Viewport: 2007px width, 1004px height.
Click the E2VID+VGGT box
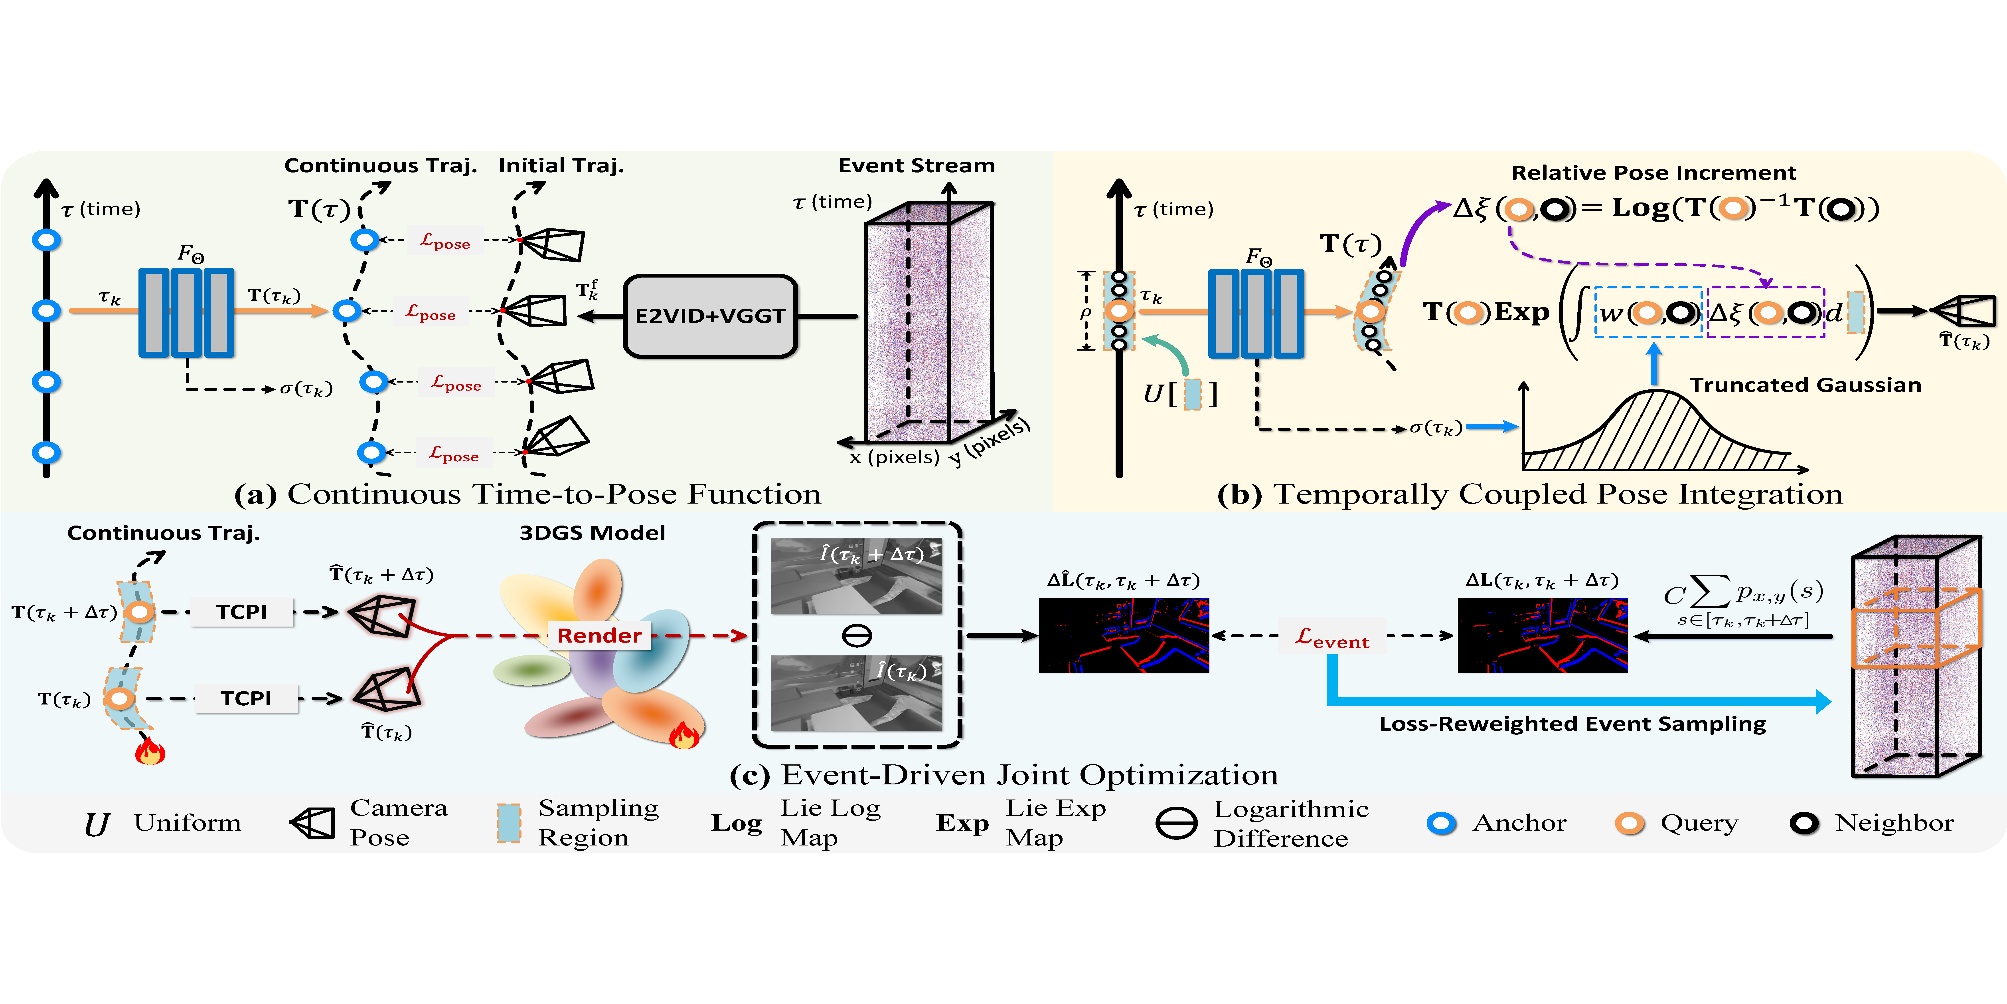tap(710, 316)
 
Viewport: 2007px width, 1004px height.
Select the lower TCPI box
tap(245, 698)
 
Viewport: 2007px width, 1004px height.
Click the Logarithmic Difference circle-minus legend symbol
tap(1176, 823)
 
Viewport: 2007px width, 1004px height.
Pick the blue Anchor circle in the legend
tap(1441, 823)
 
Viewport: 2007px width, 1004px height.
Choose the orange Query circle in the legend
tap(1629, 823)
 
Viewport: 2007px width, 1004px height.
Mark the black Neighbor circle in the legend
tap(1804, 823)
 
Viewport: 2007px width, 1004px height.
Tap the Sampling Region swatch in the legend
tap(509, 823)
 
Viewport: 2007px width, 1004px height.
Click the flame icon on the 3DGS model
tap(684, 734)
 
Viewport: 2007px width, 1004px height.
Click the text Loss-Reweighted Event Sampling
tap(1572, 724)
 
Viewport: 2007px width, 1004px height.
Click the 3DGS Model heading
tap(592, 533)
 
